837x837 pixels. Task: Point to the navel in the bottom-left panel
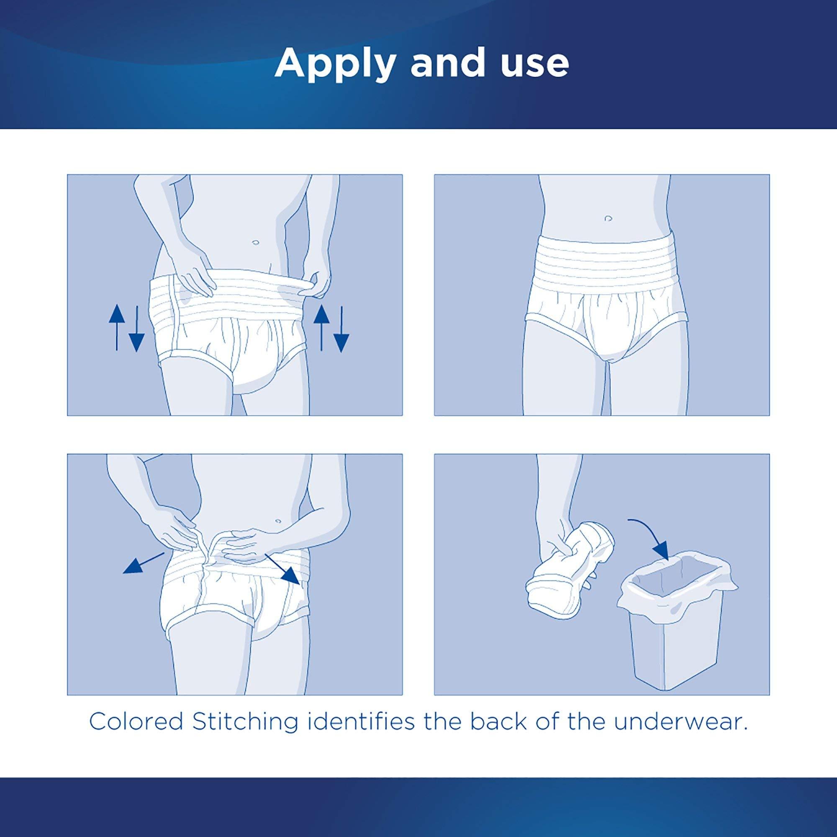278,520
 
